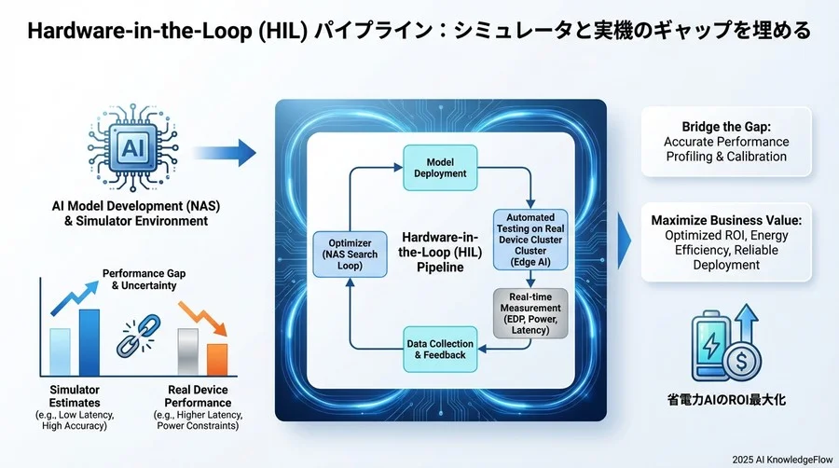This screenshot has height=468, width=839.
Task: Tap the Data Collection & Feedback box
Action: pos(439,351)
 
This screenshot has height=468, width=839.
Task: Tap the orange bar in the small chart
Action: pos(216,357)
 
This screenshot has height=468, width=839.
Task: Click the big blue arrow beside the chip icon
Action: pos(227,152)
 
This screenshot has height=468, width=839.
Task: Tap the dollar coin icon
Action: pos(744,357)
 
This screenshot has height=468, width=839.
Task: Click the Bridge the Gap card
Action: pos(725,141)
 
